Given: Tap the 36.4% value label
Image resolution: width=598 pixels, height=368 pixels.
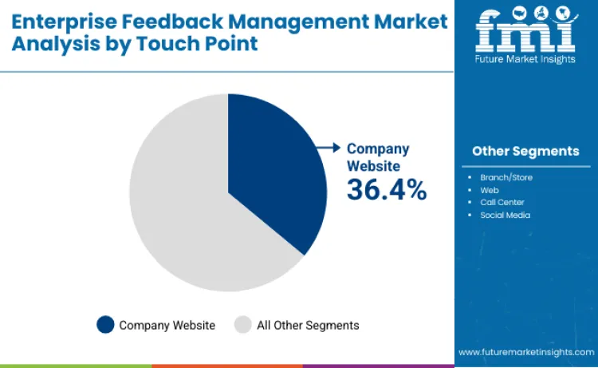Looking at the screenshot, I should point(386,189).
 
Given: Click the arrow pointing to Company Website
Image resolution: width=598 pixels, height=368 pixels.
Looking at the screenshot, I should point(328,148).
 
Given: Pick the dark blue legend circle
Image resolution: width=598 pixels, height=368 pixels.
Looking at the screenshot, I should point(105,325).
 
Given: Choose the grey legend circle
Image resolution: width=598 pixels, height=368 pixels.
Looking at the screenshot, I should point(242,325).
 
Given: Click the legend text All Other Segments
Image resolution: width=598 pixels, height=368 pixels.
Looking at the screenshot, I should point(308,325).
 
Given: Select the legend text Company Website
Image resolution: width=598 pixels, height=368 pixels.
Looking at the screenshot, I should point(167,325).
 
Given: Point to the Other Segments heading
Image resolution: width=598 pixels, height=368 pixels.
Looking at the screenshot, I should point(525,151).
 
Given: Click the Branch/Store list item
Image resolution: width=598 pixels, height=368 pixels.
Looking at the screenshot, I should point(506,177).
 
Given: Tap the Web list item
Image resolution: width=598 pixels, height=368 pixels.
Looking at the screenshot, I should point(489,190).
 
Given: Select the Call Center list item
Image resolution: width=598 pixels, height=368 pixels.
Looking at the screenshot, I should point(502,202).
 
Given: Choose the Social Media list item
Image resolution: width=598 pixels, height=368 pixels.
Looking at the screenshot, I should point(505,215).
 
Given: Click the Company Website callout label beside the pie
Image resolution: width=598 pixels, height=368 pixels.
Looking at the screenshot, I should point(378,156).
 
